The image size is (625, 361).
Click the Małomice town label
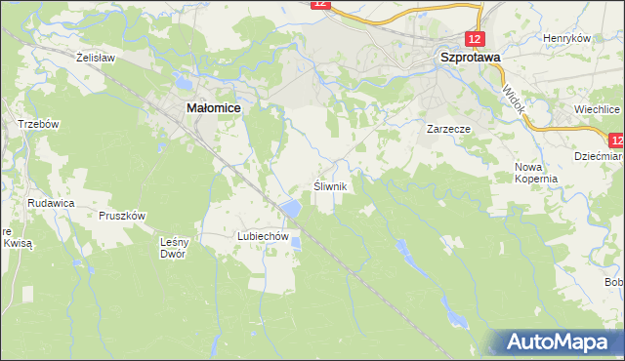[214, 110]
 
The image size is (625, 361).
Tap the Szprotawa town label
[469, 58]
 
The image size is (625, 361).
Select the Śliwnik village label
[329, 185]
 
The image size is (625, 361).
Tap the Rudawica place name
[52, 203]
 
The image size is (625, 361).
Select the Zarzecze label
[449, 128]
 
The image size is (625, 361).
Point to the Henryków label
[567, 38]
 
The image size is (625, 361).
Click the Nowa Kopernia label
[536, 173]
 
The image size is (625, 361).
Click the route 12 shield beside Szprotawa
[474, 39]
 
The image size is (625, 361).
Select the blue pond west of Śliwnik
[290, 208]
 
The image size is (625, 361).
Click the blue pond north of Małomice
[182, 80]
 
